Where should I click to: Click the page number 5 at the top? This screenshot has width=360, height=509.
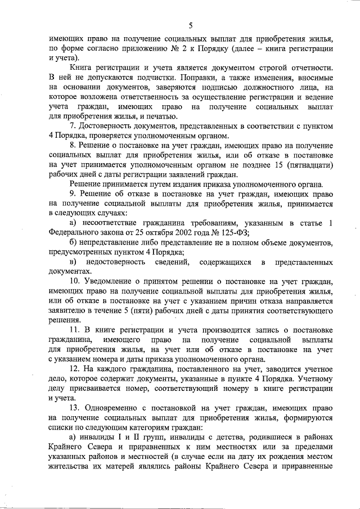191,25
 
